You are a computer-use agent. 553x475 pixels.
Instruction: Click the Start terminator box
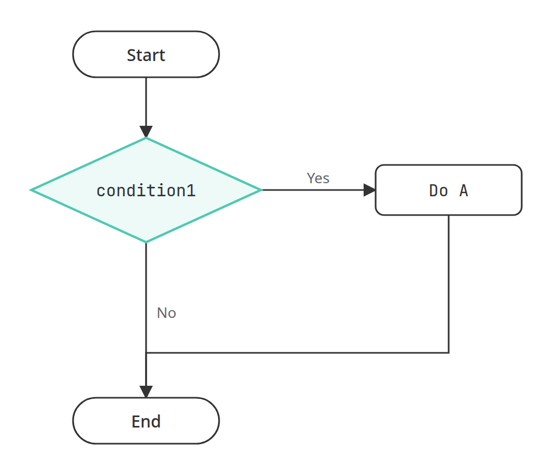pyautogui.click(x=146, y=54)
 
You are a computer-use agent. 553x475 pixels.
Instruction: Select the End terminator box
pyautogui.click(x=146, y=421)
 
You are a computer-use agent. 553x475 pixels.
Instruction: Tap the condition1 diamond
pyautogui.click(x=146, y=190)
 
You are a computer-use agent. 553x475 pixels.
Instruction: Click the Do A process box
pyautogui.click(x=449, y=190)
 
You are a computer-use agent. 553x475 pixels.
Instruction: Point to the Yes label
pyautogui.click(x=318, y=178)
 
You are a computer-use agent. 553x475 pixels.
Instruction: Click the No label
pyautogui.click(x=166, y=313)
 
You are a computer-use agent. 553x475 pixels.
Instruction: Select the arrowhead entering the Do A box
pyautogui.click(x=369, y=190)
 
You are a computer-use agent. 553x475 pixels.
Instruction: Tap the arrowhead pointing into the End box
pyautogui.click(x=146, y=391)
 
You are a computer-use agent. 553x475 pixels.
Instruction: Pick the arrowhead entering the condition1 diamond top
pyautogui.click(x=146, y=132)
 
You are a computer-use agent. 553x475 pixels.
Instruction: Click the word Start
pyautogui.click(x=146, y=55)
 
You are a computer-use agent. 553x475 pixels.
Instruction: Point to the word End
pyautogui.click(x=146, y=421)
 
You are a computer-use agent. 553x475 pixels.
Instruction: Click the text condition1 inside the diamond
pyautogui.click(x=146, y=191)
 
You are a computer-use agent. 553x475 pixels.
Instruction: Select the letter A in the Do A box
pyautogui.click(x=464, y=191)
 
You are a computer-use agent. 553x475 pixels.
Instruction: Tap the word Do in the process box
pyautogui.click(x=438, y=191)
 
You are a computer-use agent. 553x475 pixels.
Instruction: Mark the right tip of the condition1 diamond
pyautogui.click(x=262, y=190)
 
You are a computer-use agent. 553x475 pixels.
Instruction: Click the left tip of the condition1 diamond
pyautogui.click(x=31, y=190)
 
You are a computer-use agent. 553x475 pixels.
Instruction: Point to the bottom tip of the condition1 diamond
pyautogui.click(x=146, y=242)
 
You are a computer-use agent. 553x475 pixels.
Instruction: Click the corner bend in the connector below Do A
pyautogui.click(x=449, y=352)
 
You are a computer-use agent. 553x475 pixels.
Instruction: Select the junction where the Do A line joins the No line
pyautogui.click(x=146, y=352)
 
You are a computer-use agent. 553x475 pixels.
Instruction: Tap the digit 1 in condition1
pyautogui.click(x=191, y=191)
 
